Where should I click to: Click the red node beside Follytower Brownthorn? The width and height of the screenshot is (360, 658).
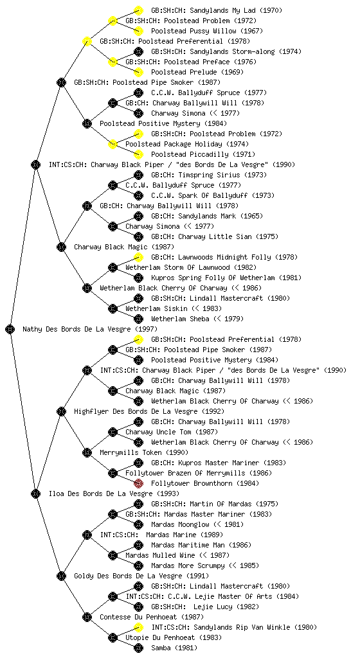tap(138, 483)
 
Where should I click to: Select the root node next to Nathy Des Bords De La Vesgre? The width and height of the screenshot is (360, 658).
tap(10, 330)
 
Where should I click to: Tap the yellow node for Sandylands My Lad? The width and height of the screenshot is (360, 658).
tap(138, 10)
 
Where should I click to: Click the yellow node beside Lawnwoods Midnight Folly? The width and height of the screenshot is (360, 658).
tap(138, 257)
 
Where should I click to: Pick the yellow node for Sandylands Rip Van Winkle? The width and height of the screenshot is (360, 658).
tap(138, 627)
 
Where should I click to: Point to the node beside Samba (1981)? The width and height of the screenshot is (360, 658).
tap(138, 648)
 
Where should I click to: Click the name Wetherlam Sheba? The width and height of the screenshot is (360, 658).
tap(181, 319)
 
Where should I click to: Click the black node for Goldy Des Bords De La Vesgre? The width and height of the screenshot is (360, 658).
tap(61, 576)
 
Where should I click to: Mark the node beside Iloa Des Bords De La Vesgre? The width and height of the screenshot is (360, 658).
tap(35, 493)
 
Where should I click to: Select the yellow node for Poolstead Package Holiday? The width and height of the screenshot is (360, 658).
tap(113, 145)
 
